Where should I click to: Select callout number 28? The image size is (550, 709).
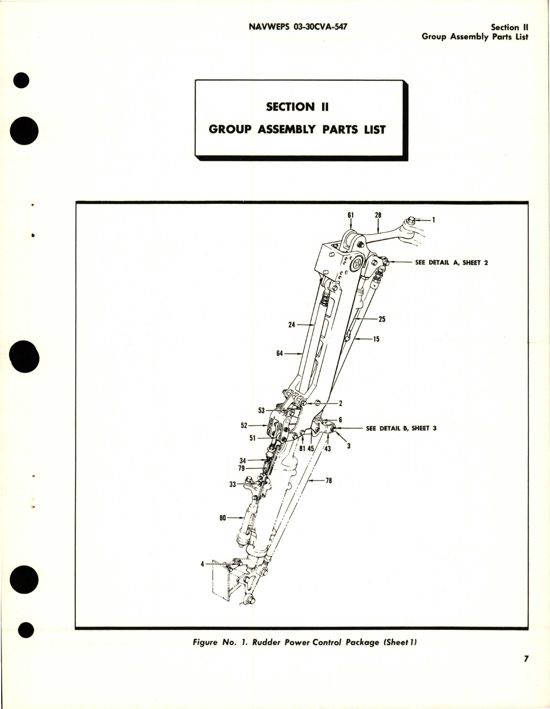click(x=378, y=215)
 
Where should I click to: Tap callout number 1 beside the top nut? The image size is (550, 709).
click(x=433, y=220)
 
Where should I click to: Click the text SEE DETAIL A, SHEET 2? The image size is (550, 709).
click(x=451, y=262)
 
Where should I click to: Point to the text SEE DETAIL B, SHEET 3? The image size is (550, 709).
click(x=401, y=428)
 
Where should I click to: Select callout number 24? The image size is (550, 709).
click(x=292, y=325)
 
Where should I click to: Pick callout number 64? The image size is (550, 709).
click(x=280, y=354)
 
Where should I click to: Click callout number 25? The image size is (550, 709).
click(x=382, y=319)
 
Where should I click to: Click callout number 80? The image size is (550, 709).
click(x=222, y=518)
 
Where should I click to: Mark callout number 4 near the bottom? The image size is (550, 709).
click(x=202, y=563)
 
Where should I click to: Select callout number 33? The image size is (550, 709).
click(x=233, y=484)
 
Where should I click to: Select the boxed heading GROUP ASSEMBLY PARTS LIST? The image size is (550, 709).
click(x=297, y=129)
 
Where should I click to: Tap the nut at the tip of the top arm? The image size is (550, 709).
click(x=410, y=221)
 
